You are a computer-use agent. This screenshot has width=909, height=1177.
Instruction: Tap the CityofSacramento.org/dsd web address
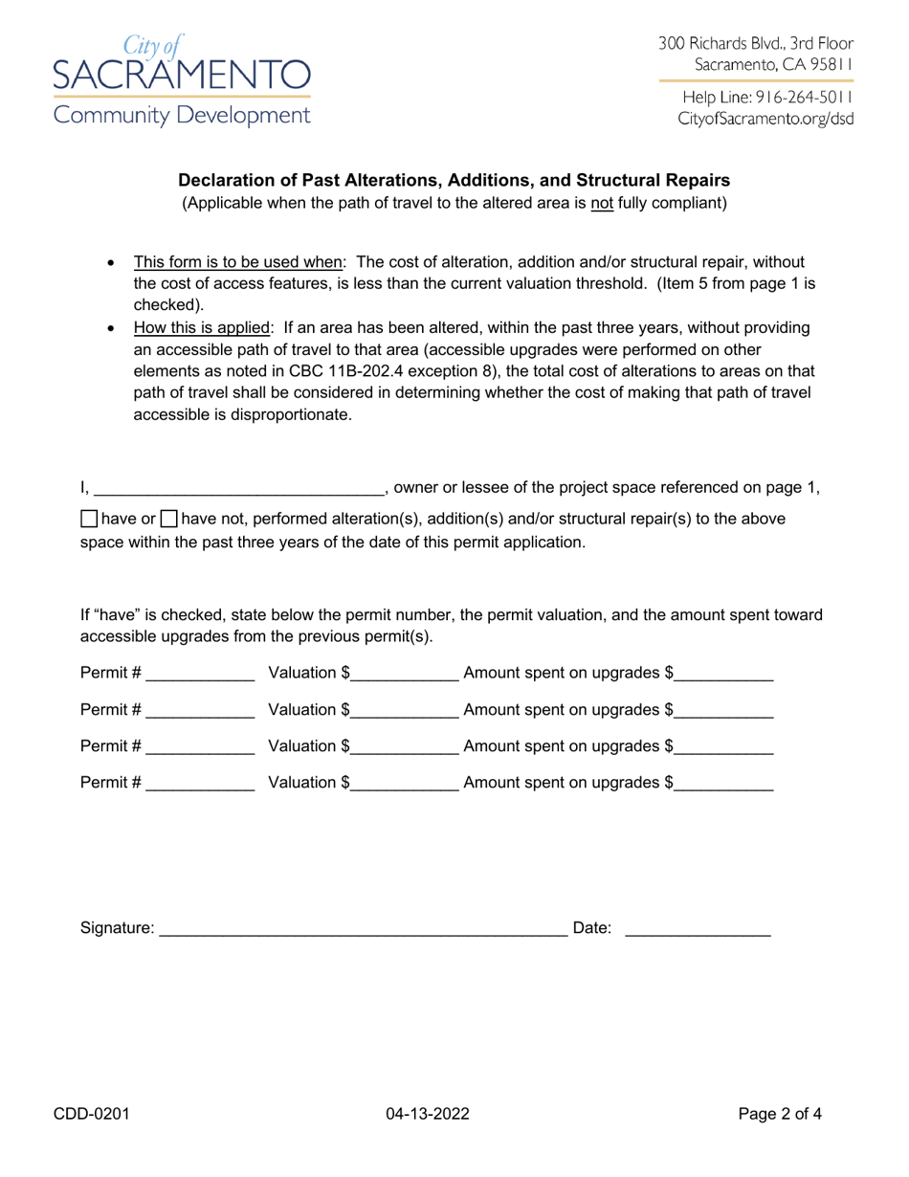tap(765, 120)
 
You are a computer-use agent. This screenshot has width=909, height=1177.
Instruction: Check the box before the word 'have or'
tap(88, 520)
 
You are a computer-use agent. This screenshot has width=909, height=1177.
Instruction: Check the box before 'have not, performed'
tap(168, 520)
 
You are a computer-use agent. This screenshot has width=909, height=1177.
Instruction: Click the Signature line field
tap(363, 927)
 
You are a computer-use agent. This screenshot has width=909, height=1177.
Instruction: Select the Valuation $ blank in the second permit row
tap(405, 710)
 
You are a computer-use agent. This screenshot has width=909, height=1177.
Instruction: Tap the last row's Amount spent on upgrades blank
tap(723, 783)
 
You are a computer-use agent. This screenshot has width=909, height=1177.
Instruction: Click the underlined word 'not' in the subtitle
tap(602, 203)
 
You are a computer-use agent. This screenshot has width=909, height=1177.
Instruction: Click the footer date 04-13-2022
tap(428, 1113)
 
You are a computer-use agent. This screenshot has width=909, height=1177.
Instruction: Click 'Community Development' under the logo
tap(182, 117)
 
